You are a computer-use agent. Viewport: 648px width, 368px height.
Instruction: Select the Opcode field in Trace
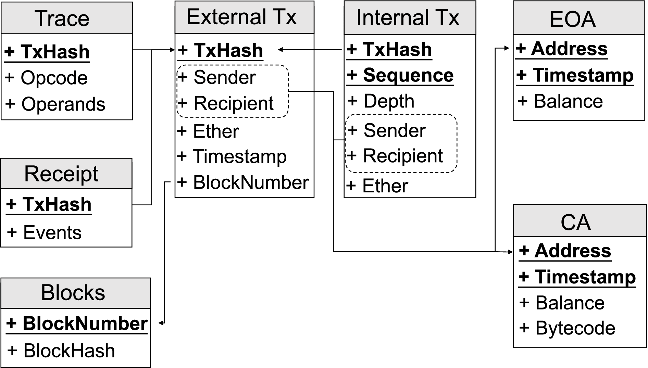(54, 78)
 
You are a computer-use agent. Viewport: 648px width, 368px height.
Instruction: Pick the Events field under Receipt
(52, 233)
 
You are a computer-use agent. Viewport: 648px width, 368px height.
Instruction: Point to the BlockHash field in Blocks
(69, 351)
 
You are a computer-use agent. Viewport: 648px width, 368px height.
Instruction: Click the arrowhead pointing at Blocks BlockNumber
(161, 323)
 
